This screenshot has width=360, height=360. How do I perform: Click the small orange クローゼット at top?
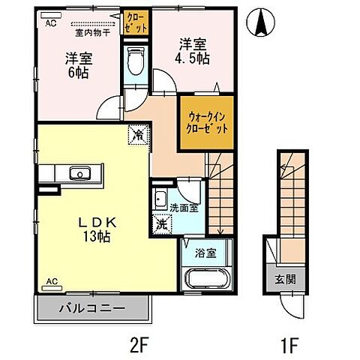(136, 23)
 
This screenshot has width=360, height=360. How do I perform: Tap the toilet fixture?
(136, 60)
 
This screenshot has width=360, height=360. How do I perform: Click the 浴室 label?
(205, 253)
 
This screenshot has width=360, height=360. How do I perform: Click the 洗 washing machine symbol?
(161, 223)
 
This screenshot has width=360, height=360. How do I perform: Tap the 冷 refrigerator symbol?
(139, 135)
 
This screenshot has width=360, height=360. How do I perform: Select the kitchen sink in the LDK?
(77, 174)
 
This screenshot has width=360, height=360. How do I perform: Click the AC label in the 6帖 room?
(50, 23)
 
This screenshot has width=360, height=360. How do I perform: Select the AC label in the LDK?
(52, 281)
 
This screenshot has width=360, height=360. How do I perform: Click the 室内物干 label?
(93, 32)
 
